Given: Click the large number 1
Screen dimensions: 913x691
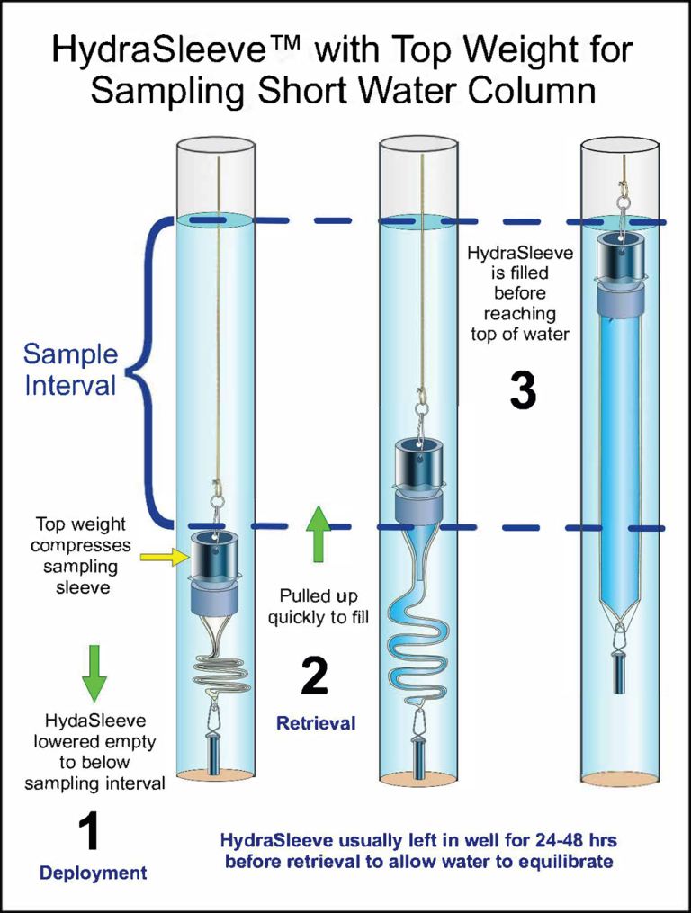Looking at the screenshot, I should click(91, 833).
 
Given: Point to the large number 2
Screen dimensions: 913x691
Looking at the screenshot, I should click(314, 676).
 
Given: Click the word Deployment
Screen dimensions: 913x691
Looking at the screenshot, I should click(93, 873).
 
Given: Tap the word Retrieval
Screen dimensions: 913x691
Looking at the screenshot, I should click(316, 722).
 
